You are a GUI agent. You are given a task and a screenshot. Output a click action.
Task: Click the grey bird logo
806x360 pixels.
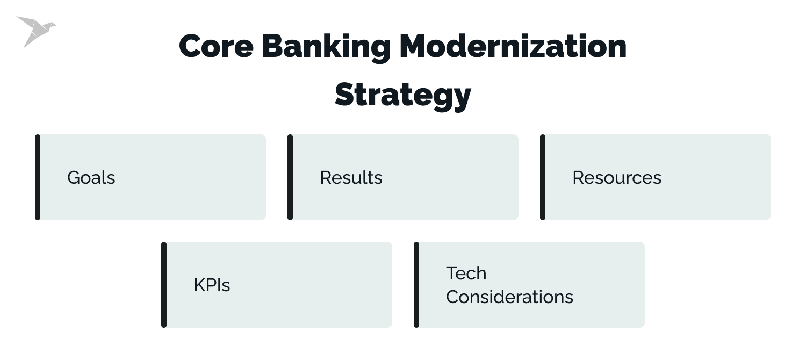pos(35,31)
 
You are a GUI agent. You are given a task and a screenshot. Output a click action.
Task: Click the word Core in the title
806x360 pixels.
pos(216,46)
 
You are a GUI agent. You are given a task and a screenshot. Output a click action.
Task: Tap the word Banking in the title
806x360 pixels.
pos(326,47)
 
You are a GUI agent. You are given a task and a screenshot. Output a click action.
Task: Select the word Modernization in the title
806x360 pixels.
pos(513,46)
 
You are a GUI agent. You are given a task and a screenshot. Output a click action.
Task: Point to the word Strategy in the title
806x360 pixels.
pos(402,96)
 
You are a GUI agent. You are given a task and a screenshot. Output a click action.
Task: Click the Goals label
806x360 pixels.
pos(91,178)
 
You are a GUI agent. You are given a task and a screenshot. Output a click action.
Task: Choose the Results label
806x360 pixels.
pos(351,178)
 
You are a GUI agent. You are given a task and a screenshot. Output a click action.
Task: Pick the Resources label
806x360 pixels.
pos(616,178)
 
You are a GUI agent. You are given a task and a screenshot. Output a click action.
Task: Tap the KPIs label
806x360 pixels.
pos(212,285)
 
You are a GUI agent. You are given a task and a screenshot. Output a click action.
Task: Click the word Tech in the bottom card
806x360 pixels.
pos(466,273)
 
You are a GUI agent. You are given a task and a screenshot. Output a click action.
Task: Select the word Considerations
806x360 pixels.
pos(509,297)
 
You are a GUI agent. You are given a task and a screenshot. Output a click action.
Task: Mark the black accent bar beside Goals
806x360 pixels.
pos(38,177)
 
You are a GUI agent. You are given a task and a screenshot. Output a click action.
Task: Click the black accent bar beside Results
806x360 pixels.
pos(290,177)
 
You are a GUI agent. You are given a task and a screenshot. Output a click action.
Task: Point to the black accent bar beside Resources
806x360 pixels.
pos(543,177)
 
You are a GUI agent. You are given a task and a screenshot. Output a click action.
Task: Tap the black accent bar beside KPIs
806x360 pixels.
pos(164,285)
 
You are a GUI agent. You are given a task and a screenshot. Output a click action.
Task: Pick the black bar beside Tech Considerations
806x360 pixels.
pos(416,285)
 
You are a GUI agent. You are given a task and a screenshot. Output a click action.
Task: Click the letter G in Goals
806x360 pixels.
pos(73,178)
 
